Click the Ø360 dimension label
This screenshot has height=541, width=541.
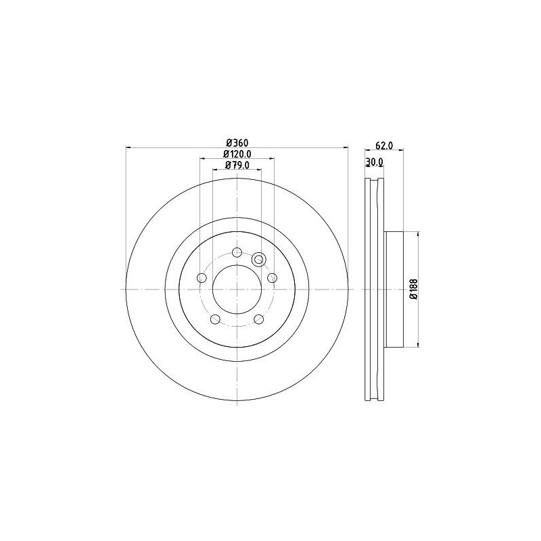coord(237,143)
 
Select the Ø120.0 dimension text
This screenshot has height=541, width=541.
coord(237,154)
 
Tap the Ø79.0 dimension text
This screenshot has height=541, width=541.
coord(237,165)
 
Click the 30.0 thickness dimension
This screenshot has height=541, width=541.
coord(374,162)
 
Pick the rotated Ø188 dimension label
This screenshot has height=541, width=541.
coord(413,289)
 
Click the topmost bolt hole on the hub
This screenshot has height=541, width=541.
coord(237,252)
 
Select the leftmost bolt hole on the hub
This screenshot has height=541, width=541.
coord(202,278)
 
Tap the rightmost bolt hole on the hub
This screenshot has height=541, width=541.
coord(272,278)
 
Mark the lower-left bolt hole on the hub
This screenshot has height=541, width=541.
coord(215,319)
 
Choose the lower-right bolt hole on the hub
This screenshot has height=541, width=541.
coord(258,319)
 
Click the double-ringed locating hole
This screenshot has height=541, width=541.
coord(258,260)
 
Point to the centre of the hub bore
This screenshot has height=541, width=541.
coord(237,289)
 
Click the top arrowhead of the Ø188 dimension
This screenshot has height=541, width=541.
coord(419,233)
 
